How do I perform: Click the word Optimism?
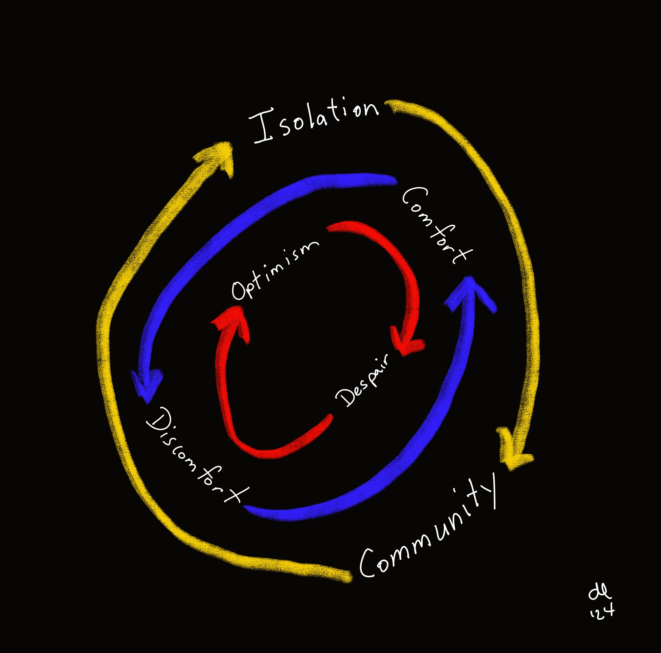pyautogui.click(x=274, y=270)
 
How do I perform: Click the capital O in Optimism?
pyautogui.click(x=239, y=291)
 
